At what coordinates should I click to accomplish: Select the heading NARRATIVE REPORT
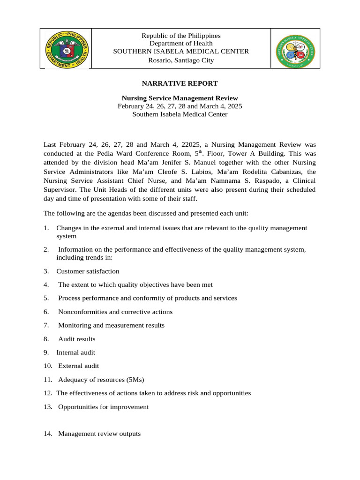pos(180,83)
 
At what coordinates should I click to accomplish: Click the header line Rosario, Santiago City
pos(180,60)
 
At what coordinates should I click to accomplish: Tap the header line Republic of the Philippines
pos(180,36)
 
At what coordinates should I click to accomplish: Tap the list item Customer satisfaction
pos(88,271)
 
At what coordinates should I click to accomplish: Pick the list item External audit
pos(78,366)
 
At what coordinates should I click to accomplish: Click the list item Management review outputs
pos(99,434)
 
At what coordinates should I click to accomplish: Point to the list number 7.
pos(46,325)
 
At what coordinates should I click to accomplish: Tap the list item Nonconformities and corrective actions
pos(115,312)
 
